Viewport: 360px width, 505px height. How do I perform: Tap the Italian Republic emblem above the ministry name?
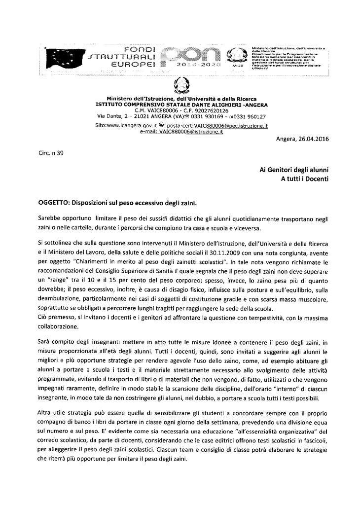pyautogui.click(x=181, y=87)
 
